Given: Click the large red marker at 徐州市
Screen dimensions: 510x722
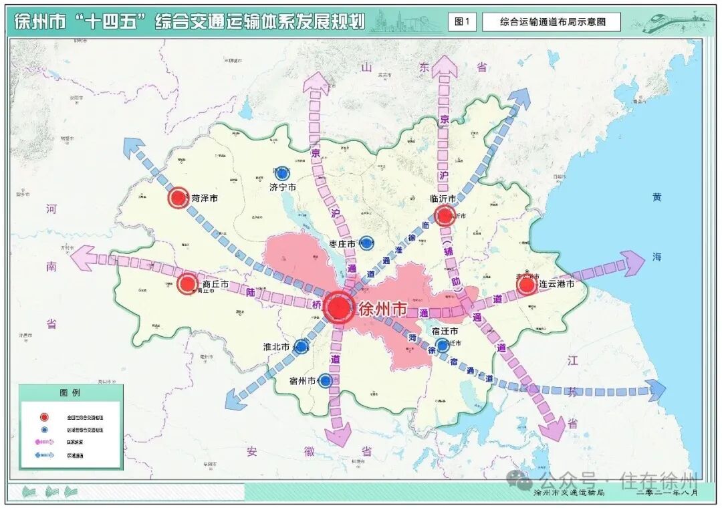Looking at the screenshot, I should point(339,308).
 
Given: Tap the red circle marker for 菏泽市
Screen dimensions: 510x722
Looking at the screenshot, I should point(178,198).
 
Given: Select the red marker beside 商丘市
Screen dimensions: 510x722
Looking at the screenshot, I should point(188,283).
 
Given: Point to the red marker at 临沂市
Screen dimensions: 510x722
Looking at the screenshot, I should point(445,215).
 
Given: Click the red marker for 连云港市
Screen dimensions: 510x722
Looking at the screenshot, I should point(526,285).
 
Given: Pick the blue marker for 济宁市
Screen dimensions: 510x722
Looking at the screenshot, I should point(282,173).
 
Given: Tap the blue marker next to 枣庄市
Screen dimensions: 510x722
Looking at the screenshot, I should point(366,243).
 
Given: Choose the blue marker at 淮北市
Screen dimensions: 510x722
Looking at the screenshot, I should point(301,346).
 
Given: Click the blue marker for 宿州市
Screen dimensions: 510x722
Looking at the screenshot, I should point(325,380).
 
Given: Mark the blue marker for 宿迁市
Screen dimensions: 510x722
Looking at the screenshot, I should point(442,346).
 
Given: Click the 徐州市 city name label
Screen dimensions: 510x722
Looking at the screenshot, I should point(383,309).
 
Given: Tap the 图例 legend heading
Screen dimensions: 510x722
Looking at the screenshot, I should point(70,392).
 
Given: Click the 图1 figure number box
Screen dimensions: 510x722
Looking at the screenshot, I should point(463,22).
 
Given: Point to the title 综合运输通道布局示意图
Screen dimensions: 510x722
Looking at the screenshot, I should point(552,22).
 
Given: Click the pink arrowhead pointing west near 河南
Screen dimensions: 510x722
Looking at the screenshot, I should point(82,258).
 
